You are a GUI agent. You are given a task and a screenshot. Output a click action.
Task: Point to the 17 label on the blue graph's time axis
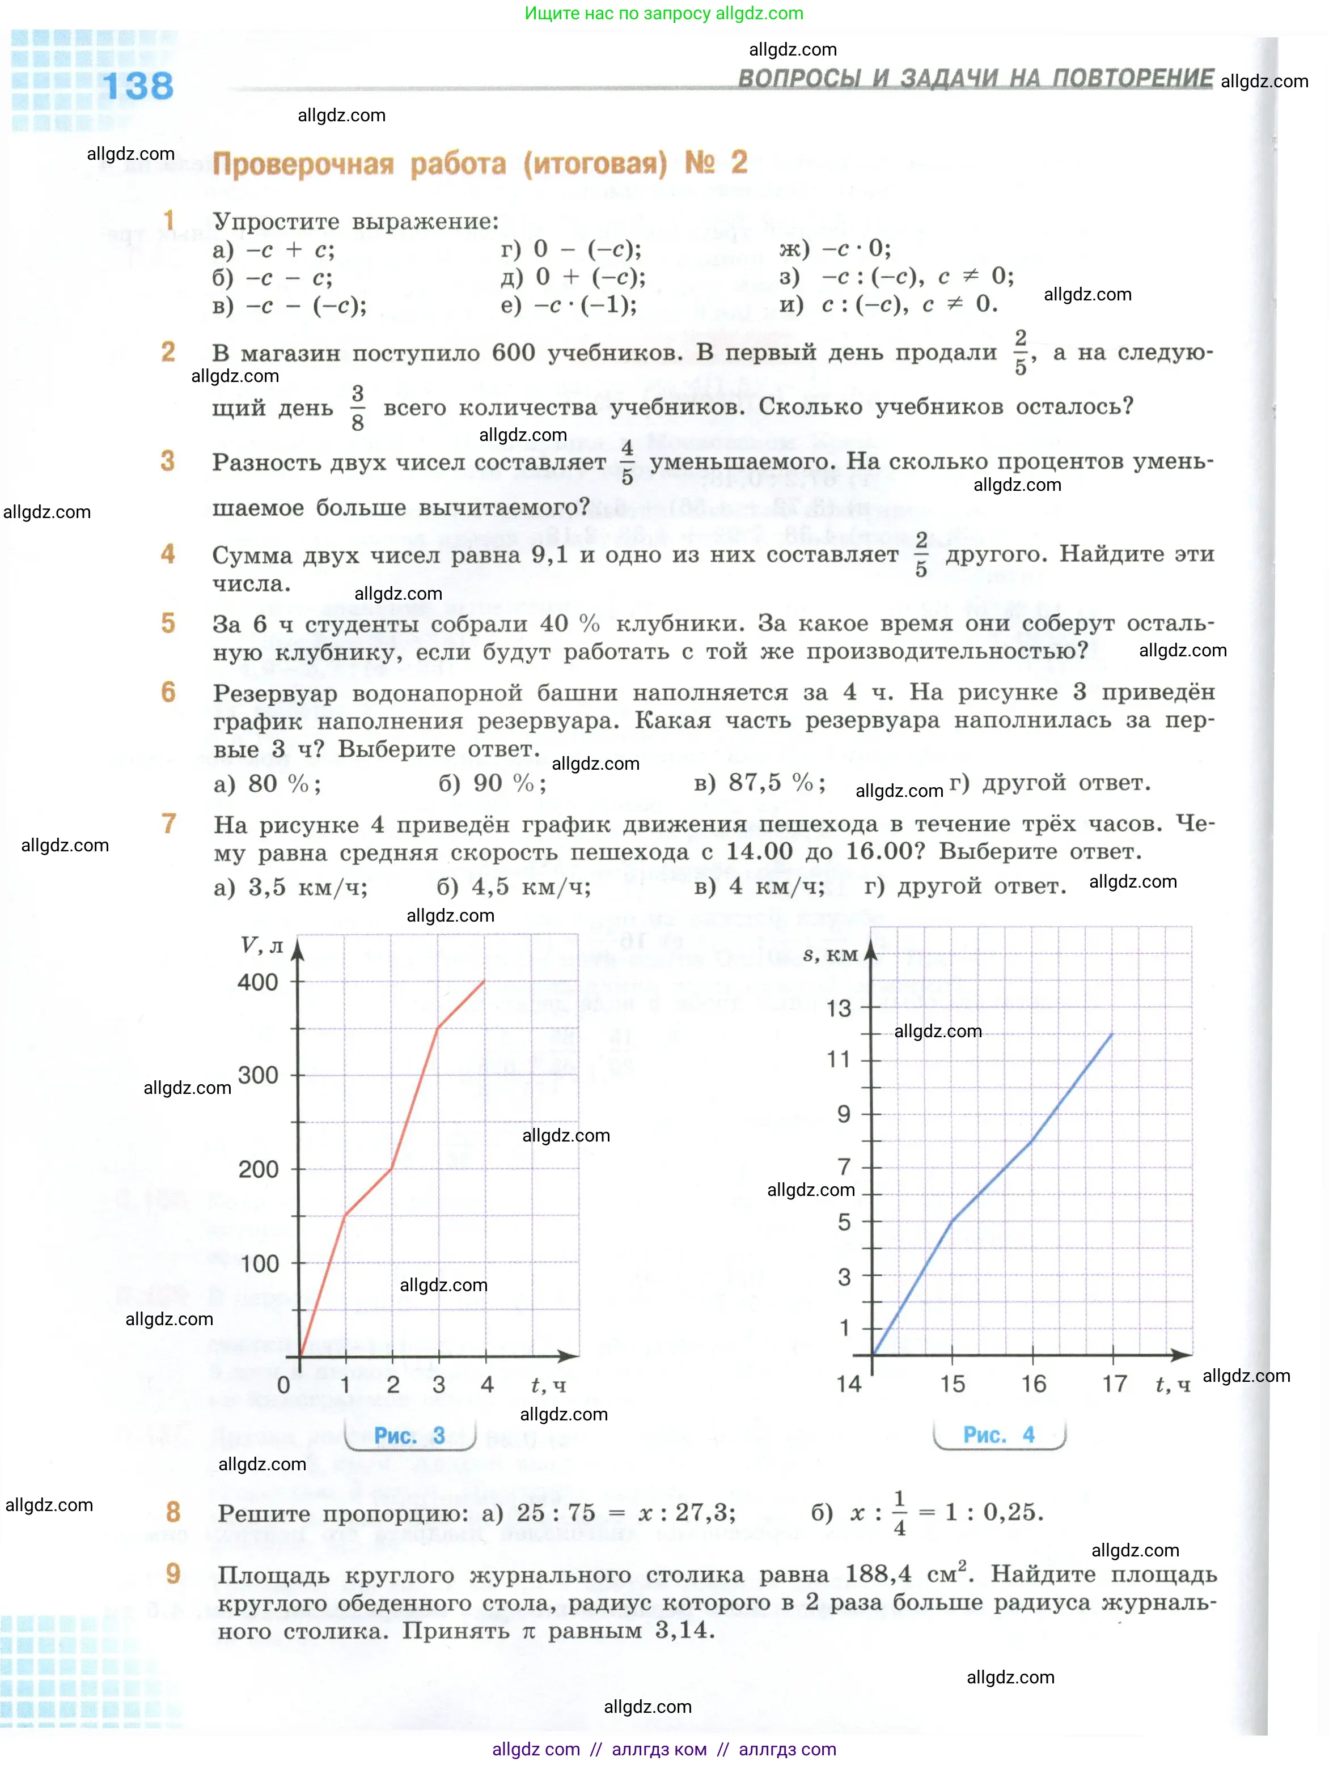click(x=1114, y=1384)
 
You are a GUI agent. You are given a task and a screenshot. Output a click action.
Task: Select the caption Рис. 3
click(x=409, y=1436)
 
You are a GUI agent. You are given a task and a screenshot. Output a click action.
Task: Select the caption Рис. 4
click(x=998, y=1435)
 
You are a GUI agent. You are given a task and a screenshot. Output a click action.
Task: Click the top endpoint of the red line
click(x=485, y=981)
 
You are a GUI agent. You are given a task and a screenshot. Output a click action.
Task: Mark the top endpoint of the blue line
click(x=1112, y=1034)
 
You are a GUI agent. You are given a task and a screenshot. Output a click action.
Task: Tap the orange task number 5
click(x=168, y=623)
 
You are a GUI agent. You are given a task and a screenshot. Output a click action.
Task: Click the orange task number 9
click(x=173, y=1573)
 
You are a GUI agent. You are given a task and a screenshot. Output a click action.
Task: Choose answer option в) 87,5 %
click(x=760, y=783)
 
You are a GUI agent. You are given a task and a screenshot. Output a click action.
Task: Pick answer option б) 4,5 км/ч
click(x=513, y=887)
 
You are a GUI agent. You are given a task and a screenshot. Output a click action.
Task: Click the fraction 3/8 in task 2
click(x=358, y=408)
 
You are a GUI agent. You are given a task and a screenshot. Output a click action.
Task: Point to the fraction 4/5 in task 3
click(x=628, y=462)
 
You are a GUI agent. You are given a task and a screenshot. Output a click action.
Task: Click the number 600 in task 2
click(x=513, y=353)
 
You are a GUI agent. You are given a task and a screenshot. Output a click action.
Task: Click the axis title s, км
click(x=829, y=954)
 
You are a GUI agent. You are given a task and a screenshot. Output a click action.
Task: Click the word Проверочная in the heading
click(x=303, y=164)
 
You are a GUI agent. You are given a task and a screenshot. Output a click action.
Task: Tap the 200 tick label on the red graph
click(x=258, y=1170)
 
